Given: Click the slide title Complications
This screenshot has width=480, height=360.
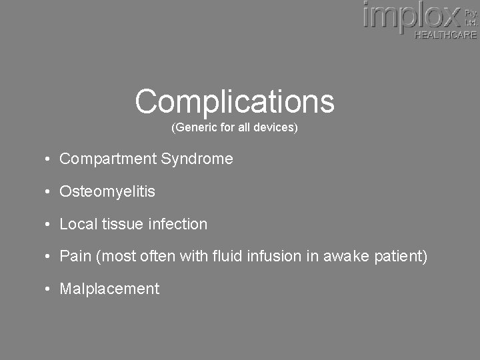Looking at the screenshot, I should tap(235, 101).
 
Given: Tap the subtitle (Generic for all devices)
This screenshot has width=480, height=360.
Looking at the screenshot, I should tap(235, 127).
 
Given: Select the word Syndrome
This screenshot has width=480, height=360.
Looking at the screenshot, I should tap(197, 159).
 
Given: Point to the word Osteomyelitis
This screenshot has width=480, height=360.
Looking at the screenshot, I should tap(107, 192).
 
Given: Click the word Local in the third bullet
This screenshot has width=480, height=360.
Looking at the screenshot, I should tap(79, 225).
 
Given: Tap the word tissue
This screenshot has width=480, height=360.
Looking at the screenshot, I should tap(122, 225).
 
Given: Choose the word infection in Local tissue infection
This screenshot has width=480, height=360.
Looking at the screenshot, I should tap(177, 225).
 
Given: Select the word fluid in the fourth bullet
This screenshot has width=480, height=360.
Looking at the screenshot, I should tap(229, 257).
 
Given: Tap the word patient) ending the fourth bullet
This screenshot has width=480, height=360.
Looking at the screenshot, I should tap(401, 257).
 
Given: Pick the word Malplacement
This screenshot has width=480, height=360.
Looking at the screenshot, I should tap(109, 289).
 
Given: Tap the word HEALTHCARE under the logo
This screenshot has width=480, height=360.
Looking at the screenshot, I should tap(445, 35).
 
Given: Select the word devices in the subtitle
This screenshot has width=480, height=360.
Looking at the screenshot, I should tap(275, 127).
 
